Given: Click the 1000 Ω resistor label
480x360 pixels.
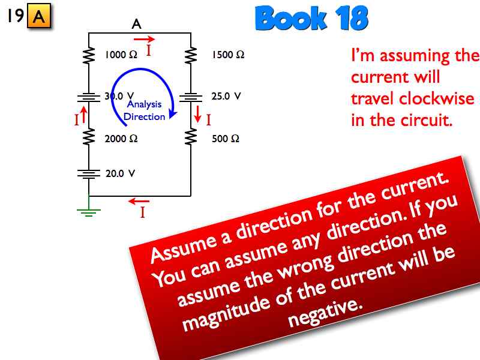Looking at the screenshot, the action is (121, 55).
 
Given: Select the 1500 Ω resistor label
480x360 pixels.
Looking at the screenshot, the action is (228, 55).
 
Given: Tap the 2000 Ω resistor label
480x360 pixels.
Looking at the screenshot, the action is (121, 139).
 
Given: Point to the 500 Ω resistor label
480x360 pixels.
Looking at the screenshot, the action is (226, 139).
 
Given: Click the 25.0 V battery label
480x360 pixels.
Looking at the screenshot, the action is (226, 97).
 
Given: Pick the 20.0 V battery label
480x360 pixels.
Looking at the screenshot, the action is (121, 173).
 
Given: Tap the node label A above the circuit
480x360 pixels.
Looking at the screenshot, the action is (137, 24).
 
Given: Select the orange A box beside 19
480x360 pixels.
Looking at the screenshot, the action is (39, 16).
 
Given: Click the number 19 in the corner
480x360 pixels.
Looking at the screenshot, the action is (16, 16).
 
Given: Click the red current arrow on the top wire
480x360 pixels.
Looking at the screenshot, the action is (144, 39).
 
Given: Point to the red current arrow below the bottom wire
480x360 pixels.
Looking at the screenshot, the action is (139, 202).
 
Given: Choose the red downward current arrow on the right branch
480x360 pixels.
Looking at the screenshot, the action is (198, 114).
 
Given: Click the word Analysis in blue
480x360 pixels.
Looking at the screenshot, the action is (144, 104).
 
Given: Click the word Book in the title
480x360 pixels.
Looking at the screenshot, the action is (291, 19).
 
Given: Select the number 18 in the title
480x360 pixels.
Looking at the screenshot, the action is (352, 19).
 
